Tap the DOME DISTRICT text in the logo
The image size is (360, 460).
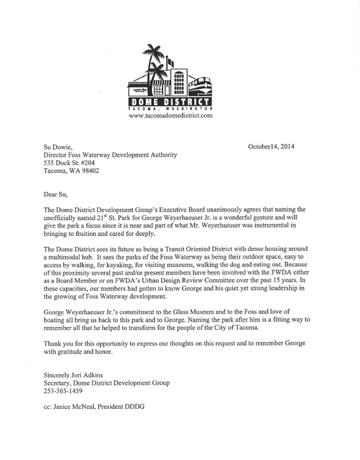click(170, 101)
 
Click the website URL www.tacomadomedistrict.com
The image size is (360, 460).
click(170, 115)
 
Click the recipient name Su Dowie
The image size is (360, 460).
click(58, 148)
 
